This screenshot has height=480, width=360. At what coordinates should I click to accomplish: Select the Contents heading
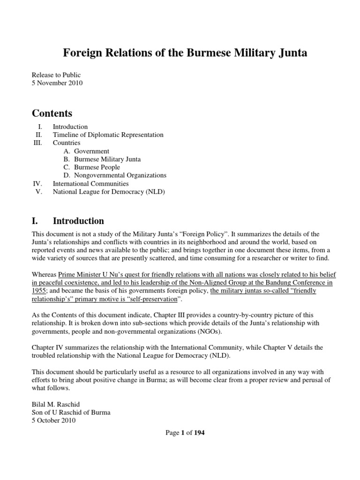[52, 113]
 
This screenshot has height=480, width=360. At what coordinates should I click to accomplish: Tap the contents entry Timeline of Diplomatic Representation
[108, 135]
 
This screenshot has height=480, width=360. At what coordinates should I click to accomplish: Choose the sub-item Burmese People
[97, 167]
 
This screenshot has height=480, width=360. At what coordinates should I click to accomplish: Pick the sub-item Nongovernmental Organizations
[120, 175]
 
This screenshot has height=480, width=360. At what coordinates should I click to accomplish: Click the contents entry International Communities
[90, 184]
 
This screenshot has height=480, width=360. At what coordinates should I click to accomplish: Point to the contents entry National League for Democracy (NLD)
[109, 192]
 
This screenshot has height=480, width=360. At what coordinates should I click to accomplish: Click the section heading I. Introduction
[68, 221]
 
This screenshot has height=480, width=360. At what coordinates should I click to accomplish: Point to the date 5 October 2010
[53, 420]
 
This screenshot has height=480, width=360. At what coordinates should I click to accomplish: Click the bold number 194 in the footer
[199, 433]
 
